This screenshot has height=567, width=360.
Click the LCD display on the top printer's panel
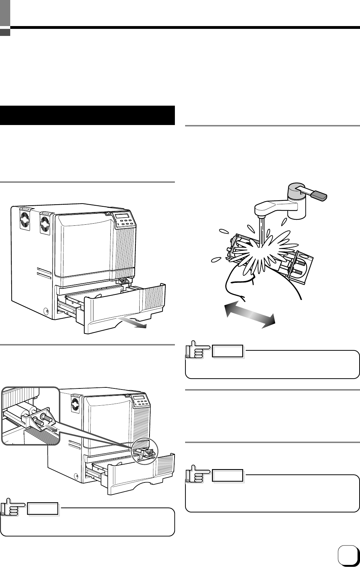pyautogui.click(x=124, y=216)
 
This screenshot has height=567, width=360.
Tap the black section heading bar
pyautogui.click(x=87, y=115)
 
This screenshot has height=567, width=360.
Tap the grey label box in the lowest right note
pyautogui.click(x=228, y=476)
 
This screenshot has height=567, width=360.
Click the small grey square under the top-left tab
pyautogui.click(x=5, y=32)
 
